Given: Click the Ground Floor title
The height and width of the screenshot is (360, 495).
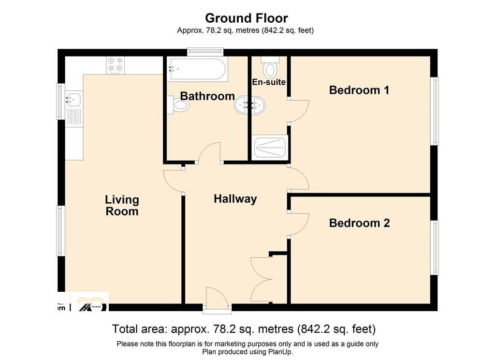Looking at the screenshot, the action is click(x=246, y=18).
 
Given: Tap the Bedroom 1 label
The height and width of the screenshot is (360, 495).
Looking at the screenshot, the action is click(x=359, y=90).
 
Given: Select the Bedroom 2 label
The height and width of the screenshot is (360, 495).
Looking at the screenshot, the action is click(x=359, y=223).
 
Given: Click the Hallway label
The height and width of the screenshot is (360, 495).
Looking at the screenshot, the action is click(x=235, y=199).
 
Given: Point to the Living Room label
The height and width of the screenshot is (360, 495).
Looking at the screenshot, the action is click(x=122, y=206).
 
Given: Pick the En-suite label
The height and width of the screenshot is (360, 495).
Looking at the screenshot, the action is click(x=269, y=82).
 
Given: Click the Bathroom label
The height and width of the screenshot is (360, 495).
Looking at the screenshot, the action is click(x=207, y=96).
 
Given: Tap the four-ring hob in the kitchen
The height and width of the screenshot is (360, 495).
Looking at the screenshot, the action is click(x=115, y=65).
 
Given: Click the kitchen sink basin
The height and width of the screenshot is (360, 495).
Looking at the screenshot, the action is click(x=74, y=100).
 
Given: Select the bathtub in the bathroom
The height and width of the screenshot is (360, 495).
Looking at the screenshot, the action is click(x=198, y=69).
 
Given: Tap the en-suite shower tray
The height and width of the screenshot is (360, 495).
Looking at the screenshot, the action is click(x=271, y=147).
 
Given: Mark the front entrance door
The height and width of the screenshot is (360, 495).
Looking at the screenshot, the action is click(x=217, y=300).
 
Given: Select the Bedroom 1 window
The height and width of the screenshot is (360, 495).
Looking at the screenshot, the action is click(x=435, y=111).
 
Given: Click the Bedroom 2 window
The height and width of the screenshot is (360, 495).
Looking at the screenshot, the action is click(x=435, y=247).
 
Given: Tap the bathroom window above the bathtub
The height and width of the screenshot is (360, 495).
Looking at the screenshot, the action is click(x=205, y=52).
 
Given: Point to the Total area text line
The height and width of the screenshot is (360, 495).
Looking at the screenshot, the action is click(x=244, y=329).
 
